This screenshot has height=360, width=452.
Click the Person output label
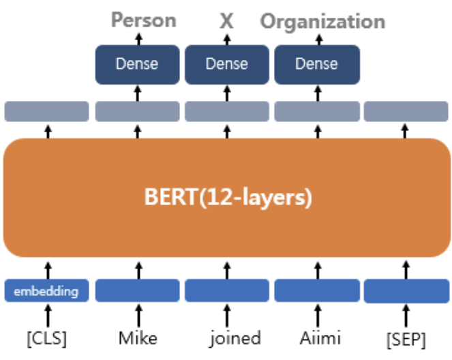tap(144, 20)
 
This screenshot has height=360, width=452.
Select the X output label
tap(226, 21)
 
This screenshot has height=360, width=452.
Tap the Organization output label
tap(322, 22)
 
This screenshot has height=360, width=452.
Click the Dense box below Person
tap(138, 65)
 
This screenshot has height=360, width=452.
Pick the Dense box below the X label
tap(227, 65)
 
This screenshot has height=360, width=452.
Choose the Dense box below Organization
tap(317, 65)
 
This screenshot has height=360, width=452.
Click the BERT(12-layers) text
tap(228, 198)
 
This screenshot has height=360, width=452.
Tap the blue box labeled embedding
tap(46, 290)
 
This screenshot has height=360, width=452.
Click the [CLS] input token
tap(46, 338)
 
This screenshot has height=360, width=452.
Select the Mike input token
tap(138, 337)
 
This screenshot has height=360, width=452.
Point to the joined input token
tap(235, 338)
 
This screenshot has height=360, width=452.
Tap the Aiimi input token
tap(320, 337)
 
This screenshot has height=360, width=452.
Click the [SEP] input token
tap(406, 340)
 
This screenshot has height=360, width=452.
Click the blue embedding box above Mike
tap(138, 290)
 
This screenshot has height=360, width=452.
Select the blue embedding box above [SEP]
tap(406, 291)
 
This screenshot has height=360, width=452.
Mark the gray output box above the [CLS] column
tap(46, 111)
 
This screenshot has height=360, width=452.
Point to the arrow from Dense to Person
tap(139, 39)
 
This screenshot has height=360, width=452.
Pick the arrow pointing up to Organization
tap(319, 40)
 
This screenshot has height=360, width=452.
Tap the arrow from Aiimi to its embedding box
tap(318, 316)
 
